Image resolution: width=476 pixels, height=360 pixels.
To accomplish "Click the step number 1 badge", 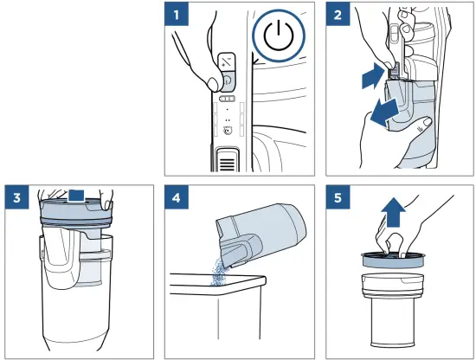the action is click(177, 14).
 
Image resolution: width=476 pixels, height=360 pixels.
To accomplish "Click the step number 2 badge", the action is click(338, 14).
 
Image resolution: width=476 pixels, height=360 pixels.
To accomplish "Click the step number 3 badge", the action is click(17, 197).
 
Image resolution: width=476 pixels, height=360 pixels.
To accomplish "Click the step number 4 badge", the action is click(177, 197).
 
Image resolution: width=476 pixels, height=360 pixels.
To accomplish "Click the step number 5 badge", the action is click(338, 197).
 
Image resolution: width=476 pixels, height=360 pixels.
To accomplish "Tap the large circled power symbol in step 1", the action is click(279, 36).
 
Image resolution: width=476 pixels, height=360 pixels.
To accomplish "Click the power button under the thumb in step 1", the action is click(228, 80).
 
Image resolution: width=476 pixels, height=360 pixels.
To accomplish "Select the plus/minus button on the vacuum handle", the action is click(227, 62).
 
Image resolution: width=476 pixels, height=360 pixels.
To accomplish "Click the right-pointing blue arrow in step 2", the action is click(372, 75).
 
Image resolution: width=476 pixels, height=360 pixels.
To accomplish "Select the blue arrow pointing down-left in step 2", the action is click(383, 112).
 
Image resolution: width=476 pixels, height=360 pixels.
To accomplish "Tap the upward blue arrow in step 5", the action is click(394, 212).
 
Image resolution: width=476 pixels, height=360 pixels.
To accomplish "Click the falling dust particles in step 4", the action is click(218, 271).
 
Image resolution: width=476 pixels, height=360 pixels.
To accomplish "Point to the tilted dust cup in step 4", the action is click(261, 233).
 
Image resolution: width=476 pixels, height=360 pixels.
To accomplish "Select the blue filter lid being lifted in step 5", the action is click(393, 259).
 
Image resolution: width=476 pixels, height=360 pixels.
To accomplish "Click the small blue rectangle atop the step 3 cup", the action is click(76, 196).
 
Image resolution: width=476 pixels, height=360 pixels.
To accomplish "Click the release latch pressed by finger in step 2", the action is click(394, 71).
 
